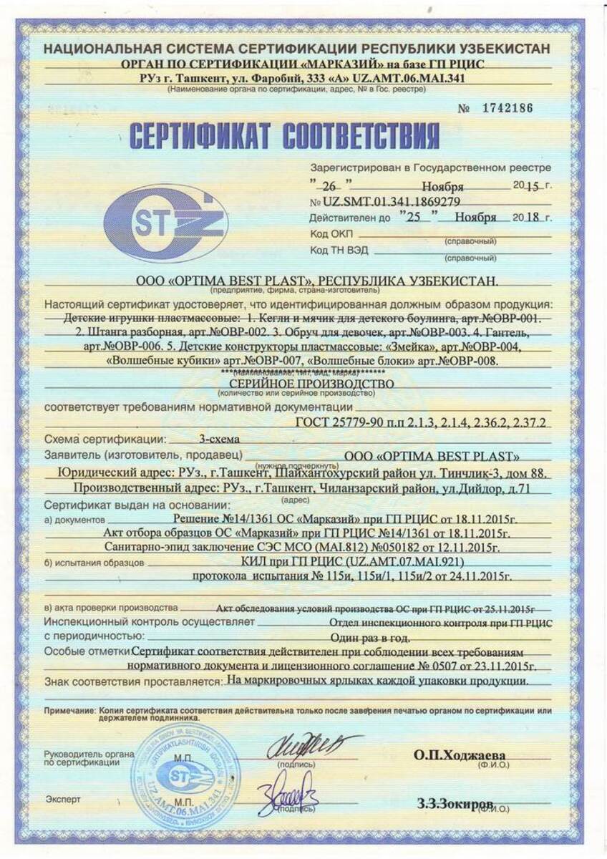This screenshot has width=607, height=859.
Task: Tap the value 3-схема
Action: [220, 439]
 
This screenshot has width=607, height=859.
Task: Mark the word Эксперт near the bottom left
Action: [62, 799]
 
